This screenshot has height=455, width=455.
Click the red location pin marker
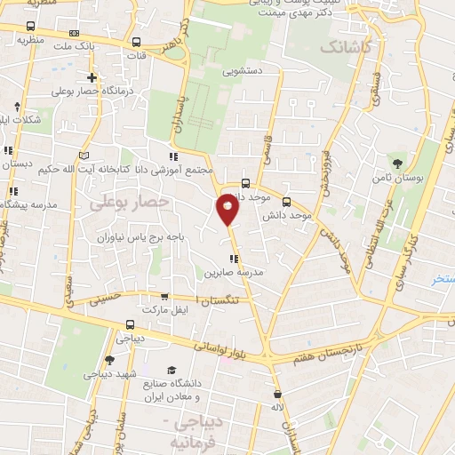[x=227, y=210]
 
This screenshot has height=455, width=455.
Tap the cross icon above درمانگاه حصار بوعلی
[x=92, y=78]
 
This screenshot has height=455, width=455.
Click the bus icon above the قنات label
[x=136, y=42]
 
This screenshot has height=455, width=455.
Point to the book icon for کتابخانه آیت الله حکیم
[x=84, y=156]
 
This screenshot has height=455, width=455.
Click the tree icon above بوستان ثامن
[x=397, y=162]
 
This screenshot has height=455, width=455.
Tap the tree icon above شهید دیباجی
[x=109, y=360]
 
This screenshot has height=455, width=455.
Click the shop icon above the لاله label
[x=278, y=393]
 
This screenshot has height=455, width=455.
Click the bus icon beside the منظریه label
[x=33, y=28]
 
